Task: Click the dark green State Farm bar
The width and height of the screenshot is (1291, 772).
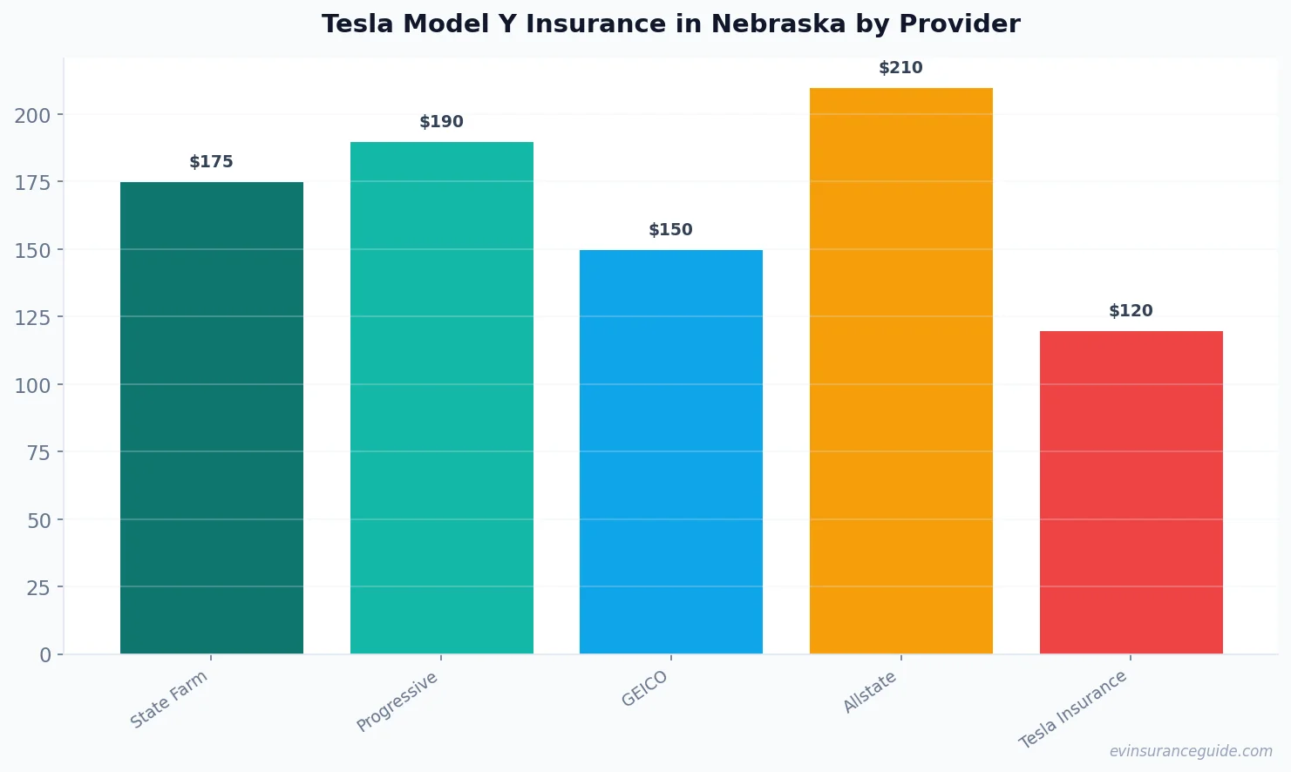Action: point(211,418)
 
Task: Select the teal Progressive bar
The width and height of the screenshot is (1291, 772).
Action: point(441,398)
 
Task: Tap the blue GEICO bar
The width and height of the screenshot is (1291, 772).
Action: point(670,452)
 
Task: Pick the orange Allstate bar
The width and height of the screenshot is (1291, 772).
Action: point(900,371)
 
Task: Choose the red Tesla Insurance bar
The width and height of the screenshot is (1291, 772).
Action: point(1131,492)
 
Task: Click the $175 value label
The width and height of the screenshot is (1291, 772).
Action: point(211,162)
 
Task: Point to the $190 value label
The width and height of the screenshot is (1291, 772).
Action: point(441,122)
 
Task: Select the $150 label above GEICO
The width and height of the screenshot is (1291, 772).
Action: point(670,230)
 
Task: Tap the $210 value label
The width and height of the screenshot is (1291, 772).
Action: point(900,68)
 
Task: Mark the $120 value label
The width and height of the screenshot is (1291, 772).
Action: point(1131,311)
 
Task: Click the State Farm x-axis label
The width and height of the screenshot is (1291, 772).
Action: point(169,700)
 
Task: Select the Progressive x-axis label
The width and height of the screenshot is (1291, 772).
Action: point(397,702)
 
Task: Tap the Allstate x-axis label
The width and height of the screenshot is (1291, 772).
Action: point(869,693)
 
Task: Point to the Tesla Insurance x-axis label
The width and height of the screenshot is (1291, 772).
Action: point(1073,709)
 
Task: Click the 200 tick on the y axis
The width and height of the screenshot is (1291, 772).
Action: point(32,115)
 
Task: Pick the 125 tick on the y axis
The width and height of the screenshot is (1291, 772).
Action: point(32,317)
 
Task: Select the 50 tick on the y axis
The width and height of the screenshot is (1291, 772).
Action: point(38,520)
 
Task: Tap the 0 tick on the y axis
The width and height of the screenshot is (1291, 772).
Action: point(45,655)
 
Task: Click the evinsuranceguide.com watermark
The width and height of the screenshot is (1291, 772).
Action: point(1190,751)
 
